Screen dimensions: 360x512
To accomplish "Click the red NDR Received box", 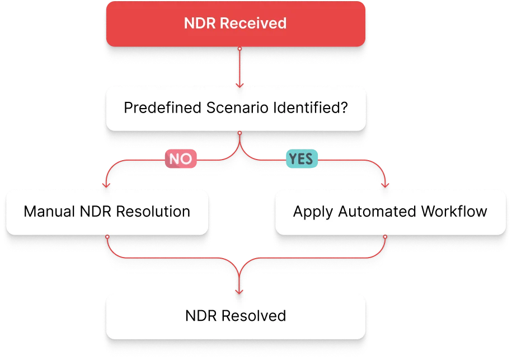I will [236, 24].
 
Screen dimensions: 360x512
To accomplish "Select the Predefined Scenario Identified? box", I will [236, 107].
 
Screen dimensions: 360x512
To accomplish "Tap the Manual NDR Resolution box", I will [107, 212].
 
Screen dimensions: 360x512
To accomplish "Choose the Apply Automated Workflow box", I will [390, 212].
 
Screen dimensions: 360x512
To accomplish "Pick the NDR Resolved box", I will [236, 316].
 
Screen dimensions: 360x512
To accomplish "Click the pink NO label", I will [180, 159].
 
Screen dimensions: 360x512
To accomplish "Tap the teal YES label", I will [302, 159].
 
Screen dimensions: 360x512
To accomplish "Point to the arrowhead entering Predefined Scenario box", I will [239, 85].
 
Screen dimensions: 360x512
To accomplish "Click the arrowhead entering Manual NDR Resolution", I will [106, 186].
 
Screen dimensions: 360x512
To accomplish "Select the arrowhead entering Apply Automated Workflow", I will [386, 186].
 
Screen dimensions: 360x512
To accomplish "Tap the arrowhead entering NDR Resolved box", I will [239, 291].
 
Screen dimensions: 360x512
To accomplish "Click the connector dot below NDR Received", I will [239, 49].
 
